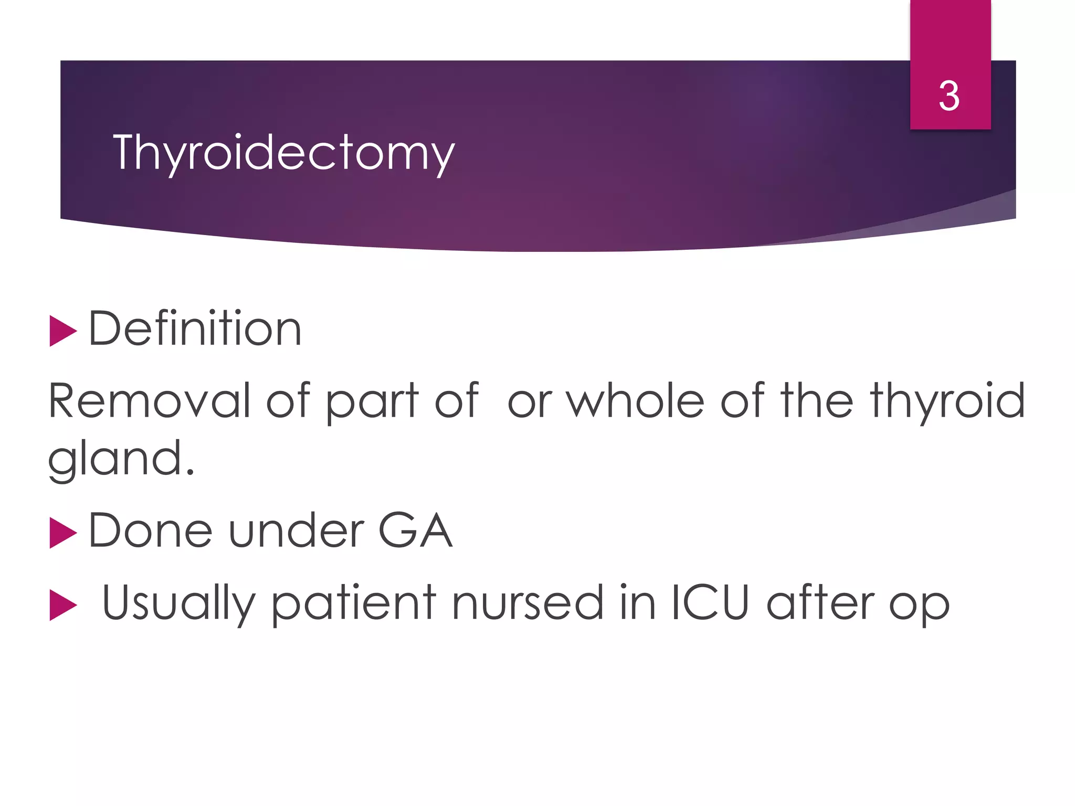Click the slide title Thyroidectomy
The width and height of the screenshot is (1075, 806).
[283, 153]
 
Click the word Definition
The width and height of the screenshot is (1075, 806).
[195, 329]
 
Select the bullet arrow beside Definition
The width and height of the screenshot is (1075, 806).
[63, 331]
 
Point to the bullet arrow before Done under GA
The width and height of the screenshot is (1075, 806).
[63, 532]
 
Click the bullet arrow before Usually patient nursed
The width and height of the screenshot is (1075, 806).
[63, 604]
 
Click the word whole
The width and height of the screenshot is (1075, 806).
[635, 401]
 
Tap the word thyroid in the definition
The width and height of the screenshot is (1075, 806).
[947, 402]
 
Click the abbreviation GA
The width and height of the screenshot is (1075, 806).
[415, 531]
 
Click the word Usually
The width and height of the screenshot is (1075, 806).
[178, 603]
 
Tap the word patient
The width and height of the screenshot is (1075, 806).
[353, 603]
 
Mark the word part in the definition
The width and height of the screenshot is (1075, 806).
[372, 402]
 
